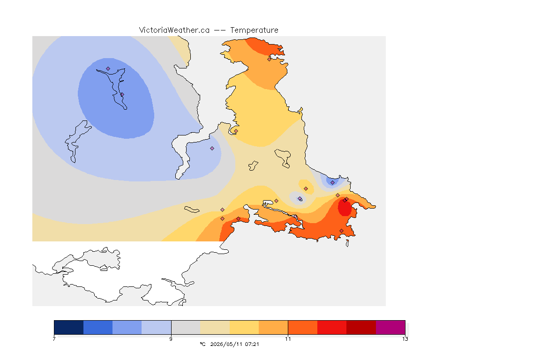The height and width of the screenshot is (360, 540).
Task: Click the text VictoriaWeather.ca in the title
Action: point(174,30)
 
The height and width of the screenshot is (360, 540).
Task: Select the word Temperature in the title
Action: point(254,30)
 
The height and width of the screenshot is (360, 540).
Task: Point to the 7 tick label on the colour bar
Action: point(54,339)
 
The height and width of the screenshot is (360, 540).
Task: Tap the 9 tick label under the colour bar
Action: point(171,339)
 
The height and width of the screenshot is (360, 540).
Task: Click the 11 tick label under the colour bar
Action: point(288,339)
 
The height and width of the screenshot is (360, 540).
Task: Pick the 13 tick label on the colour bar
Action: point(405,339)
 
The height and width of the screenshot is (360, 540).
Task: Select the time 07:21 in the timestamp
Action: point(252,344)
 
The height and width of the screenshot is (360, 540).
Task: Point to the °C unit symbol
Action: point(202,344)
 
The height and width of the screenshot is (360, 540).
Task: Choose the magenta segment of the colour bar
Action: point(390,327)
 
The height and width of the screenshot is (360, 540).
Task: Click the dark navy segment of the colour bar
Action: point(68,327)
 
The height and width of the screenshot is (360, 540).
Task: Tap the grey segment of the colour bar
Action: point(186,327)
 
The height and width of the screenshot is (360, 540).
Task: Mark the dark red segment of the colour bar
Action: point(361,327)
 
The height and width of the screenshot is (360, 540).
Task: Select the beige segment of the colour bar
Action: point(215,327)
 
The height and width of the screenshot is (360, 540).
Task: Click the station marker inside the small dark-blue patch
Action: point(332,183)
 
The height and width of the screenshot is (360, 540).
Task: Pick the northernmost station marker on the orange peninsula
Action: point(270,59)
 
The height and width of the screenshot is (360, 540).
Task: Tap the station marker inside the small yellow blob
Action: point(306,188)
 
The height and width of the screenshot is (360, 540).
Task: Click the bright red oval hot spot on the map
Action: point(345,208)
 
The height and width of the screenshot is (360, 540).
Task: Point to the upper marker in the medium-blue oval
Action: point(108,68)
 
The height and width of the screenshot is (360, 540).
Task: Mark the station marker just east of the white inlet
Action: point(212,149)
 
